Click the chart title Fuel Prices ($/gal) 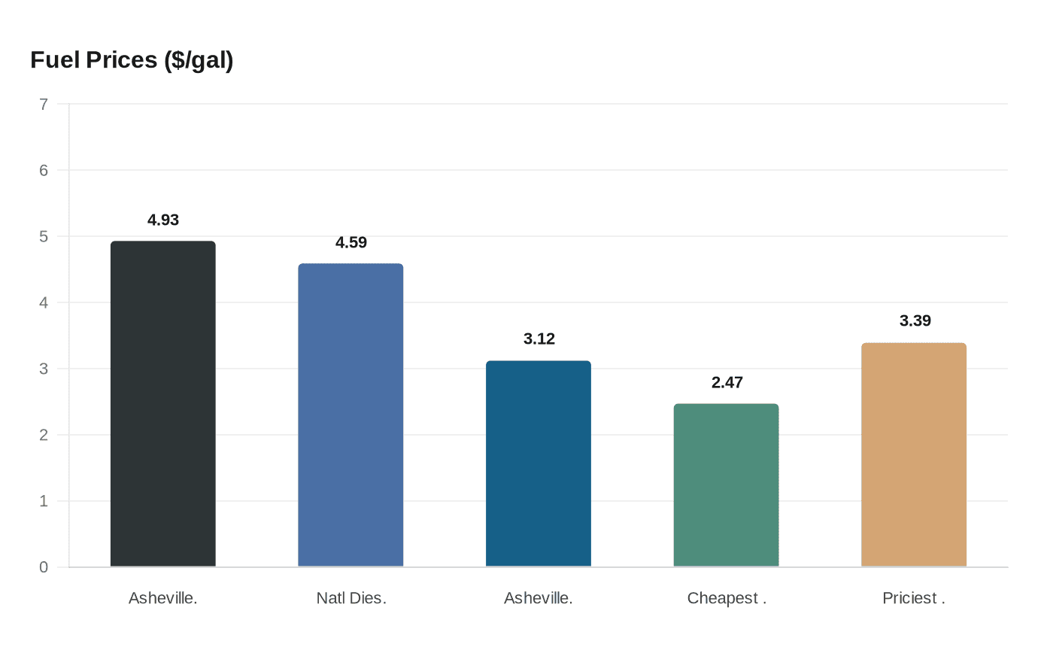132,60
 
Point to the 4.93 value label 163,220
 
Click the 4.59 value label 351,243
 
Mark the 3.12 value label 539,339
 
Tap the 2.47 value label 727,383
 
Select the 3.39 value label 915,321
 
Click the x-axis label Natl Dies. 351,599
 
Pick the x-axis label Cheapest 727,599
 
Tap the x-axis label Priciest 914,599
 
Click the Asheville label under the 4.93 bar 163,599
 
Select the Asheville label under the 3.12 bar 539,599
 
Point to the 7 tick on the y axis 44,105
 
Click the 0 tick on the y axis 44,567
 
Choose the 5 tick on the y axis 44,237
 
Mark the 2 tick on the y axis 44,435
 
